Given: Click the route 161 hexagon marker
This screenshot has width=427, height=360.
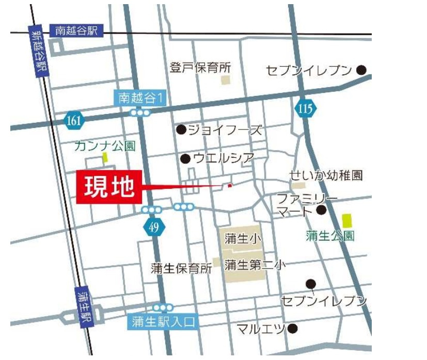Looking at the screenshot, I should (73, 121).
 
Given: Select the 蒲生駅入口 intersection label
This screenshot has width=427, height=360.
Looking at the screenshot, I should (162, 323).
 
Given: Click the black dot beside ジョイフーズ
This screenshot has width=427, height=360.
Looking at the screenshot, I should (181, 129).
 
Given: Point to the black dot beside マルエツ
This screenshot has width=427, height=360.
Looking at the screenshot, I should (293, 328).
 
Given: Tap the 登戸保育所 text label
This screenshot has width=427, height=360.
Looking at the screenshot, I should (201, 67).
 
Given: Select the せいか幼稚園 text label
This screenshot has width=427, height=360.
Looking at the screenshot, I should (326, 175).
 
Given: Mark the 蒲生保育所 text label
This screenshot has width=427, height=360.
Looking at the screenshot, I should (181, 268).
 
